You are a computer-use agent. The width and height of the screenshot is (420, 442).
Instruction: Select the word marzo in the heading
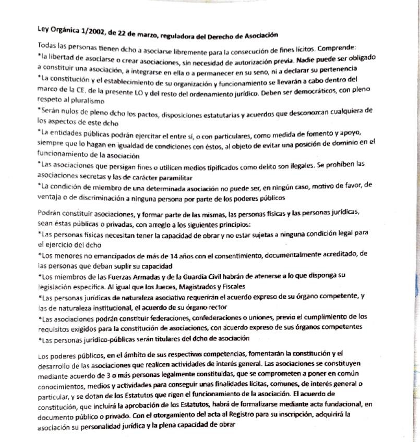pos(147,34)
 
